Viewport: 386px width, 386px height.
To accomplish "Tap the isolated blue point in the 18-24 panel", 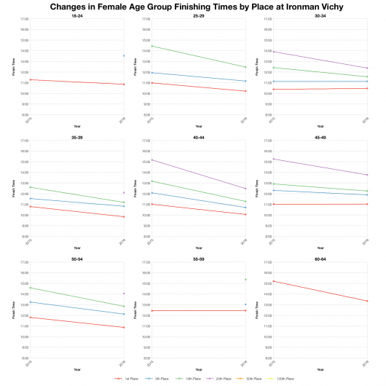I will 124,56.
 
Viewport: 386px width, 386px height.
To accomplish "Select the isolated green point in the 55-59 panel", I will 245,280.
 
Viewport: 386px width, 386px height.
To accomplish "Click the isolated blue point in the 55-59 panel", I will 245,304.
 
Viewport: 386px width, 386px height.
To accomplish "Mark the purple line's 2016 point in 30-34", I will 366,68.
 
